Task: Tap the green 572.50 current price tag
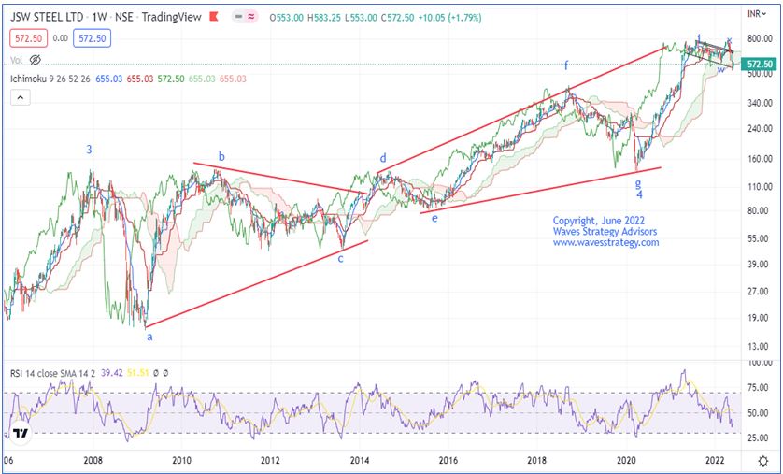click(759, 64)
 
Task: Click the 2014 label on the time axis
click(359, 460)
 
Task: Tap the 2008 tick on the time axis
click(93, 460)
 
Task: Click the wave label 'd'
click(382, 158)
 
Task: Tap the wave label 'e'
click(434, 217)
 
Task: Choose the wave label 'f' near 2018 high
click(565, 65)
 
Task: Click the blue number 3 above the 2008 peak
click(90, 149)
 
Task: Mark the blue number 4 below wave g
click(639, 194)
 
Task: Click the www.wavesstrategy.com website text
click(605, 243)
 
